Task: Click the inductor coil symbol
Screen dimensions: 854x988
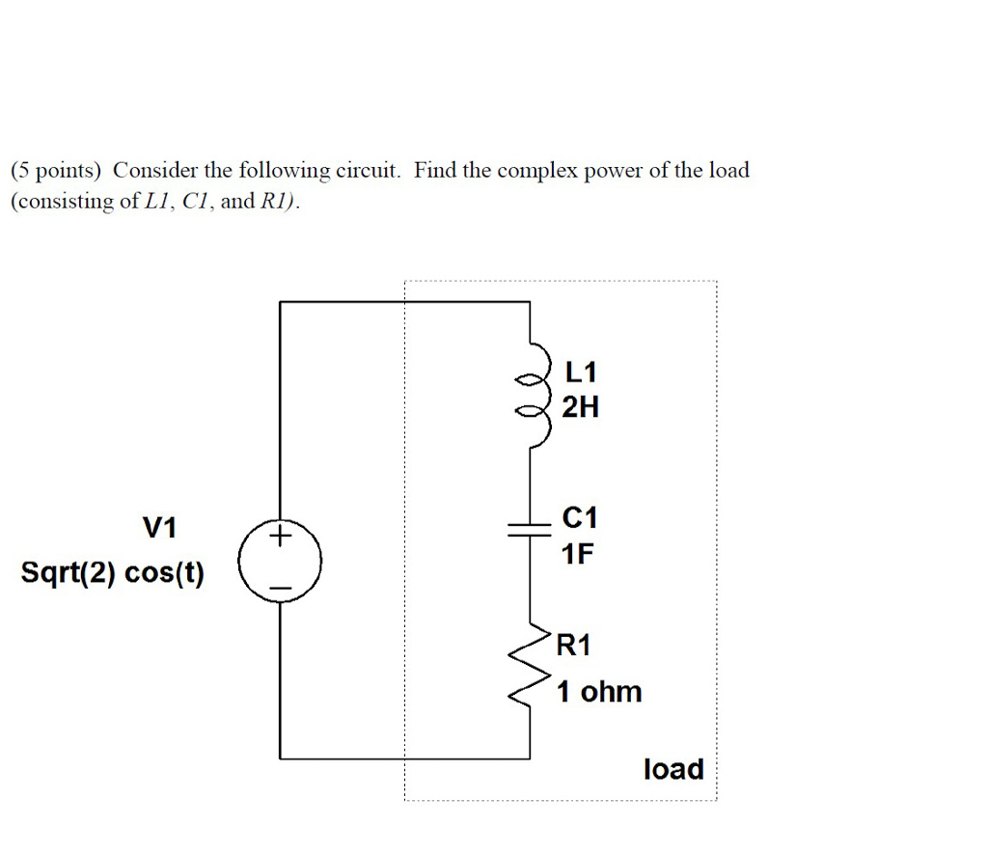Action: [x=534, y=392]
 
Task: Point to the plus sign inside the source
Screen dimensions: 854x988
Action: [x=280, y=536]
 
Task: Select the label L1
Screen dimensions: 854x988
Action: [x=581, y=372]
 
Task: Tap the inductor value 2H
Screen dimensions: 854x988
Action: [x=580, y=408]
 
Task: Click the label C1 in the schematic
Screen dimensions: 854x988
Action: [x=579, y=519]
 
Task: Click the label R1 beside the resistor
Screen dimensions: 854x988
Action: [x=573, y=646]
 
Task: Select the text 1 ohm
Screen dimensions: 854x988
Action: [x=598, y=692]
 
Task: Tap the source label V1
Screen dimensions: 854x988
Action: [x=160, y=528]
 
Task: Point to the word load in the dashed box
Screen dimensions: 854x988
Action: [x=673, y=769]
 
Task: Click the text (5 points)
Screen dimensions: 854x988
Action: [x=56, y=172]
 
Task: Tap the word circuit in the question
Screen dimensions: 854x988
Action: [x=367, y=172]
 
